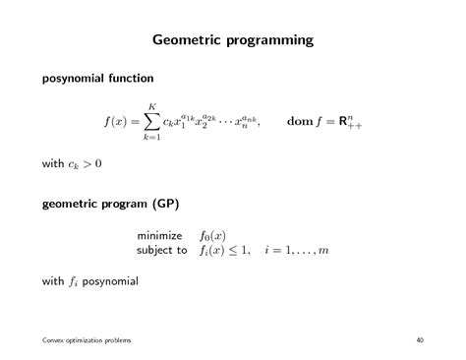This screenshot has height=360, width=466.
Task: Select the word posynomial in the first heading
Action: (x=81, y=77)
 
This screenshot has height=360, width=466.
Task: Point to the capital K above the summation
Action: (x=152, y=105)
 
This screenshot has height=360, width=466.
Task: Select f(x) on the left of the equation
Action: (x=120, y=122)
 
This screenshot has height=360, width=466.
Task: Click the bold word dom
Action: (x=300, y=122)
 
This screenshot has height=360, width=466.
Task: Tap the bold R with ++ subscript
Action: (x=348, y=122)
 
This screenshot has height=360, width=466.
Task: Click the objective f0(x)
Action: (x=212, y=236)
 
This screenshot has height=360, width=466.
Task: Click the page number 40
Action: (x=420, y=339)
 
